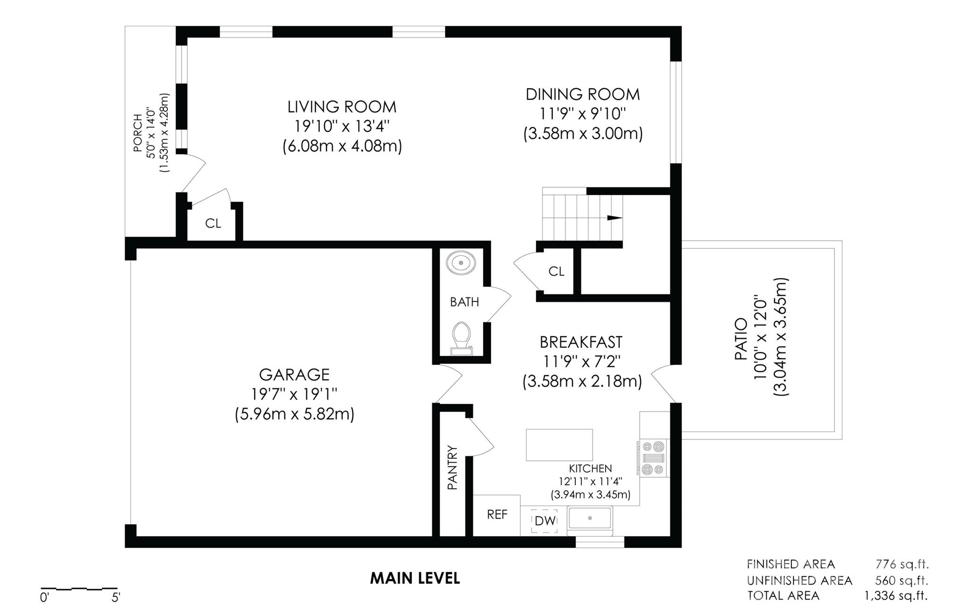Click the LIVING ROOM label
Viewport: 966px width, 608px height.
342,107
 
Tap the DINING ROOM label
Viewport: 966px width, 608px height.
583,94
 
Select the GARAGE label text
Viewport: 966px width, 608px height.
294,374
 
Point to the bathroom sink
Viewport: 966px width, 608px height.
461,263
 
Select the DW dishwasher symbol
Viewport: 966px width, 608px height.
544,521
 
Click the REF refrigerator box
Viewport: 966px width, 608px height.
497,515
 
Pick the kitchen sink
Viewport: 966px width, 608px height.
590,518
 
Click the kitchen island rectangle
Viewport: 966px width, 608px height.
559,445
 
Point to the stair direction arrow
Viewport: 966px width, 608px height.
614,218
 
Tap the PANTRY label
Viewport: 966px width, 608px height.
452,468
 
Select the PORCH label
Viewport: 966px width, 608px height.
138,133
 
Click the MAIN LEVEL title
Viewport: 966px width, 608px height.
415,578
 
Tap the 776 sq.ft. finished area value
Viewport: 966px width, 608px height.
902,564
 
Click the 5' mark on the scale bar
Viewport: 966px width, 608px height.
116,598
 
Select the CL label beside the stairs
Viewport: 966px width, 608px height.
557,271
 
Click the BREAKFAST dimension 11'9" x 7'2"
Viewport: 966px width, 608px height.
582,362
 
